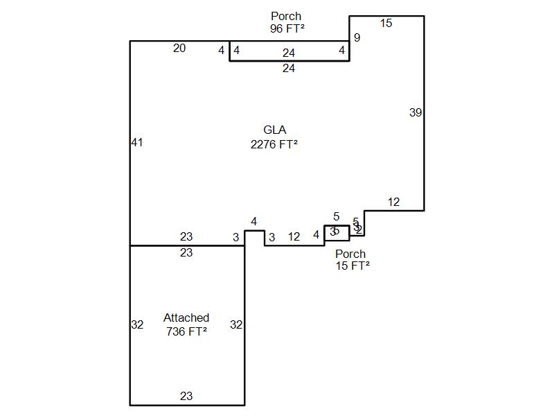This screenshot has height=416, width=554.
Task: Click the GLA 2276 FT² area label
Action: [x=274, y=137]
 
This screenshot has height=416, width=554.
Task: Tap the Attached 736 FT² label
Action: [x=186, y=324]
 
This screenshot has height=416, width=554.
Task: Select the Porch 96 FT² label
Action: [x=287, y=22]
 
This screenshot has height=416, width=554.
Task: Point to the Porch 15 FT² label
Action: [x=352, y=259]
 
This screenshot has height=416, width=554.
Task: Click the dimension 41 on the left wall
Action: [x=136, y=143]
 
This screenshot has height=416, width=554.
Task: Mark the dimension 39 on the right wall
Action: [x=415, y=112]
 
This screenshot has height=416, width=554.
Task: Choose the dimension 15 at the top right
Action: [x=386, y=24]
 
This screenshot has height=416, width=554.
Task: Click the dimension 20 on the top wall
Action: [x=179, y=49]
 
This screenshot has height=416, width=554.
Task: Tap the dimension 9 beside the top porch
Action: [x=357, y=38]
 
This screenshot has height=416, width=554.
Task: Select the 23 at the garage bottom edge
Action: [x=186, y=397]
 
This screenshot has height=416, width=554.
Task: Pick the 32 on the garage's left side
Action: [x=137, y=324]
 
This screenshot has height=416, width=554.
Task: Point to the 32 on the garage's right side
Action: [x=236, y=324]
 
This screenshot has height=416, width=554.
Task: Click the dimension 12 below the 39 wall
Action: [x=393, y=202]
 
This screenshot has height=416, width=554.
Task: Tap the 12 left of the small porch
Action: [x=294, y=237]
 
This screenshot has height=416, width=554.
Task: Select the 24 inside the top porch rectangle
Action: [x=289, y=53]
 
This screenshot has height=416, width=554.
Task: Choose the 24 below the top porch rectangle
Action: [x=289, y=69]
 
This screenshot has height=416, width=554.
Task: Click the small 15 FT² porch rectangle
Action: [x=337, y=232]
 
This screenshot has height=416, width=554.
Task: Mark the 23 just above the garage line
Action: [x=186, y=237]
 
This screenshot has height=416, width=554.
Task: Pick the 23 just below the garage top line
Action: [x=186, y=253]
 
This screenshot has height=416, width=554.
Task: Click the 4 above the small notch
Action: [x=254, y=222]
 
